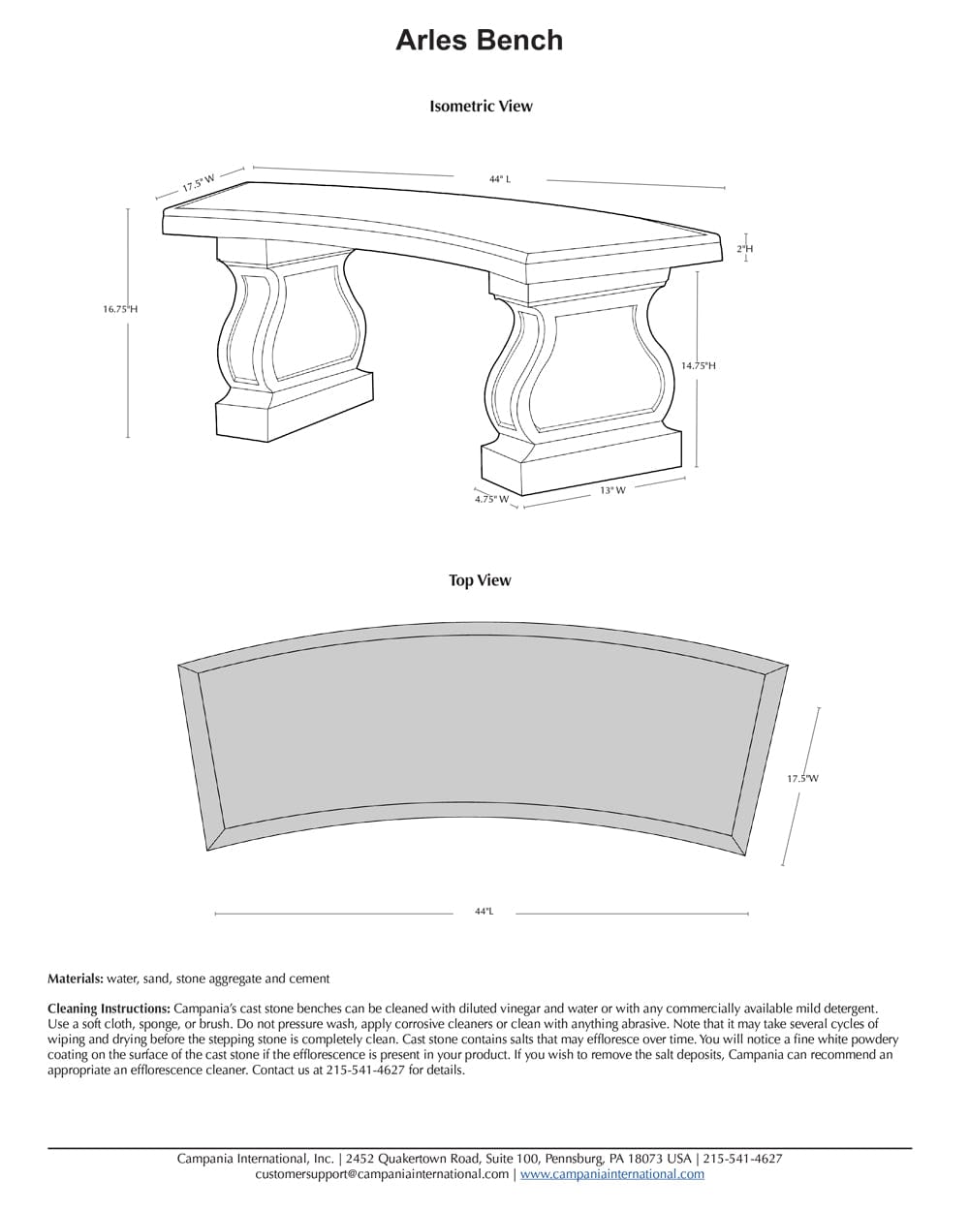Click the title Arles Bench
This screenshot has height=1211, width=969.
coord(479,41)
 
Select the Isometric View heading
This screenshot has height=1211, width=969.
coord(481,107)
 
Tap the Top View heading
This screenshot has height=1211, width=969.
coord(480,580)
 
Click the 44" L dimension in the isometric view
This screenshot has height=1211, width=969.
coord(500,179)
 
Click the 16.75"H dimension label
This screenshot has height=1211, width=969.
coord(120,309)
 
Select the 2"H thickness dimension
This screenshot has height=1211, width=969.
coord(744,249)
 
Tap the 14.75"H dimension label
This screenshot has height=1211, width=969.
coord(698,365)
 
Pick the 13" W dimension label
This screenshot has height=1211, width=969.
coord(612,490)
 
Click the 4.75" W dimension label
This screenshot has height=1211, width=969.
coord(491,499)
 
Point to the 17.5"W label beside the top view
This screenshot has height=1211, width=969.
coord(802,778)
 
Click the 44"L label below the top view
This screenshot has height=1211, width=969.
coord(484,912)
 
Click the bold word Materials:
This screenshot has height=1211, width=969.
coord(76,978)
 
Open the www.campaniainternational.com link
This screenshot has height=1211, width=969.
coord(612,1174)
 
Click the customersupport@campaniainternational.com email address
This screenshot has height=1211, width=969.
coord(382,1174)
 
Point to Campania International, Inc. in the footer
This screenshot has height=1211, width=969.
coord(255,1159)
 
